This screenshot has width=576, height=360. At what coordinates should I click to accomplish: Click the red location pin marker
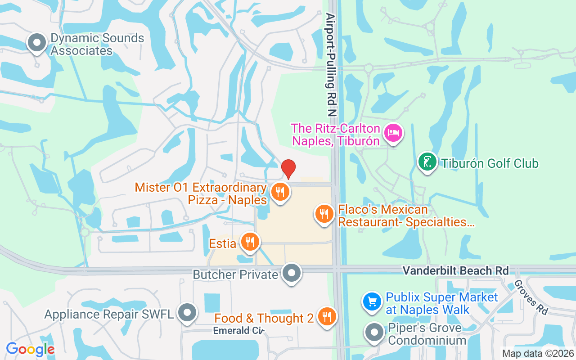tap(288, 169)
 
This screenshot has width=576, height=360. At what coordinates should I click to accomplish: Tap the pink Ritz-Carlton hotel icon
tap(394, 133)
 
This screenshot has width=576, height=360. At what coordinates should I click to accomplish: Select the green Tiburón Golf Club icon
tap(427, 162)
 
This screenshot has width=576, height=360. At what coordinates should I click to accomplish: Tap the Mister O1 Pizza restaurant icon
tap(280, 192)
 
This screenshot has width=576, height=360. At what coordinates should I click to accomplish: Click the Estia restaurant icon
tap(249, 242)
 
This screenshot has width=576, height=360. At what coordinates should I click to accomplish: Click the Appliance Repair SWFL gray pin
tap(187, 313)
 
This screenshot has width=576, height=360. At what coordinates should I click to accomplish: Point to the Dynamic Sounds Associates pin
tap(37, 43)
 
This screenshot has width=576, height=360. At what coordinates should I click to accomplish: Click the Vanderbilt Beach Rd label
tap(455, 270)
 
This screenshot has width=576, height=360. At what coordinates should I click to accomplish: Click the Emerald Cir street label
tap(238, 331)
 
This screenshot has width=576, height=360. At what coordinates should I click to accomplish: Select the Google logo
tap(30, 349)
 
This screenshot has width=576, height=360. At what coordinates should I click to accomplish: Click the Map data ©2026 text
tap(538, 354)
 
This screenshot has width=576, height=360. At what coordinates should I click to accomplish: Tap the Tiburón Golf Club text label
tap(490, 163)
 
